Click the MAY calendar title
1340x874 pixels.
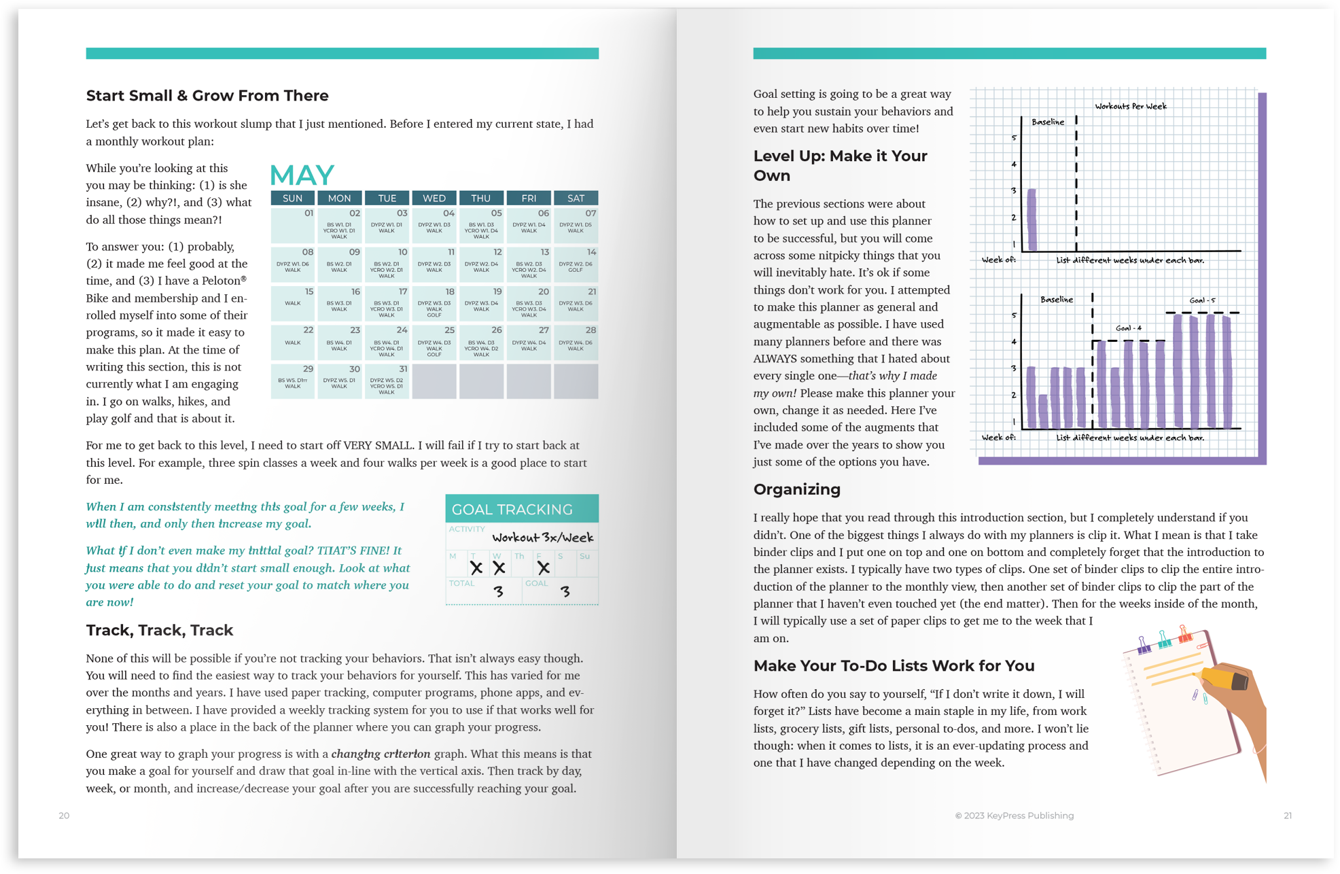pos(302,175)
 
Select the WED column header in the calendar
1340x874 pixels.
pos(434,198)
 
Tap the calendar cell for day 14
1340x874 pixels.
pos(576,264)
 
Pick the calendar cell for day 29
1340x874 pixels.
pos(293,381)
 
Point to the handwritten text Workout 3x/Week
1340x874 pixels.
pos(542,538)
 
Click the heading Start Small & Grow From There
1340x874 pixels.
pos(207,96)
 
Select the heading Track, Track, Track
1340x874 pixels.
pos(160,630)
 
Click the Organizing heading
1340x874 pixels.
pos(796,489)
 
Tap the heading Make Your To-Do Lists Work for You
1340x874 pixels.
pos(894,665)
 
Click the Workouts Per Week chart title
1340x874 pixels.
pos(1130,106)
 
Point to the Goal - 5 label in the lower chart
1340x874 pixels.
pos(1202,300)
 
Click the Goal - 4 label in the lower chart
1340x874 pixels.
pos(1128,328)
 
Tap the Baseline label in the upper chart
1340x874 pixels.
pos(1048,122)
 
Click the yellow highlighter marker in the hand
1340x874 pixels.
pos(1224,678)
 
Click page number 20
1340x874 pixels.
pos(64,816)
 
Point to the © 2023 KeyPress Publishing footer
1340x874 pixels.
pos(1014,816)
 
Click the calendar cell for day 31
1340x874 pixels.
pos(387,381)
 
